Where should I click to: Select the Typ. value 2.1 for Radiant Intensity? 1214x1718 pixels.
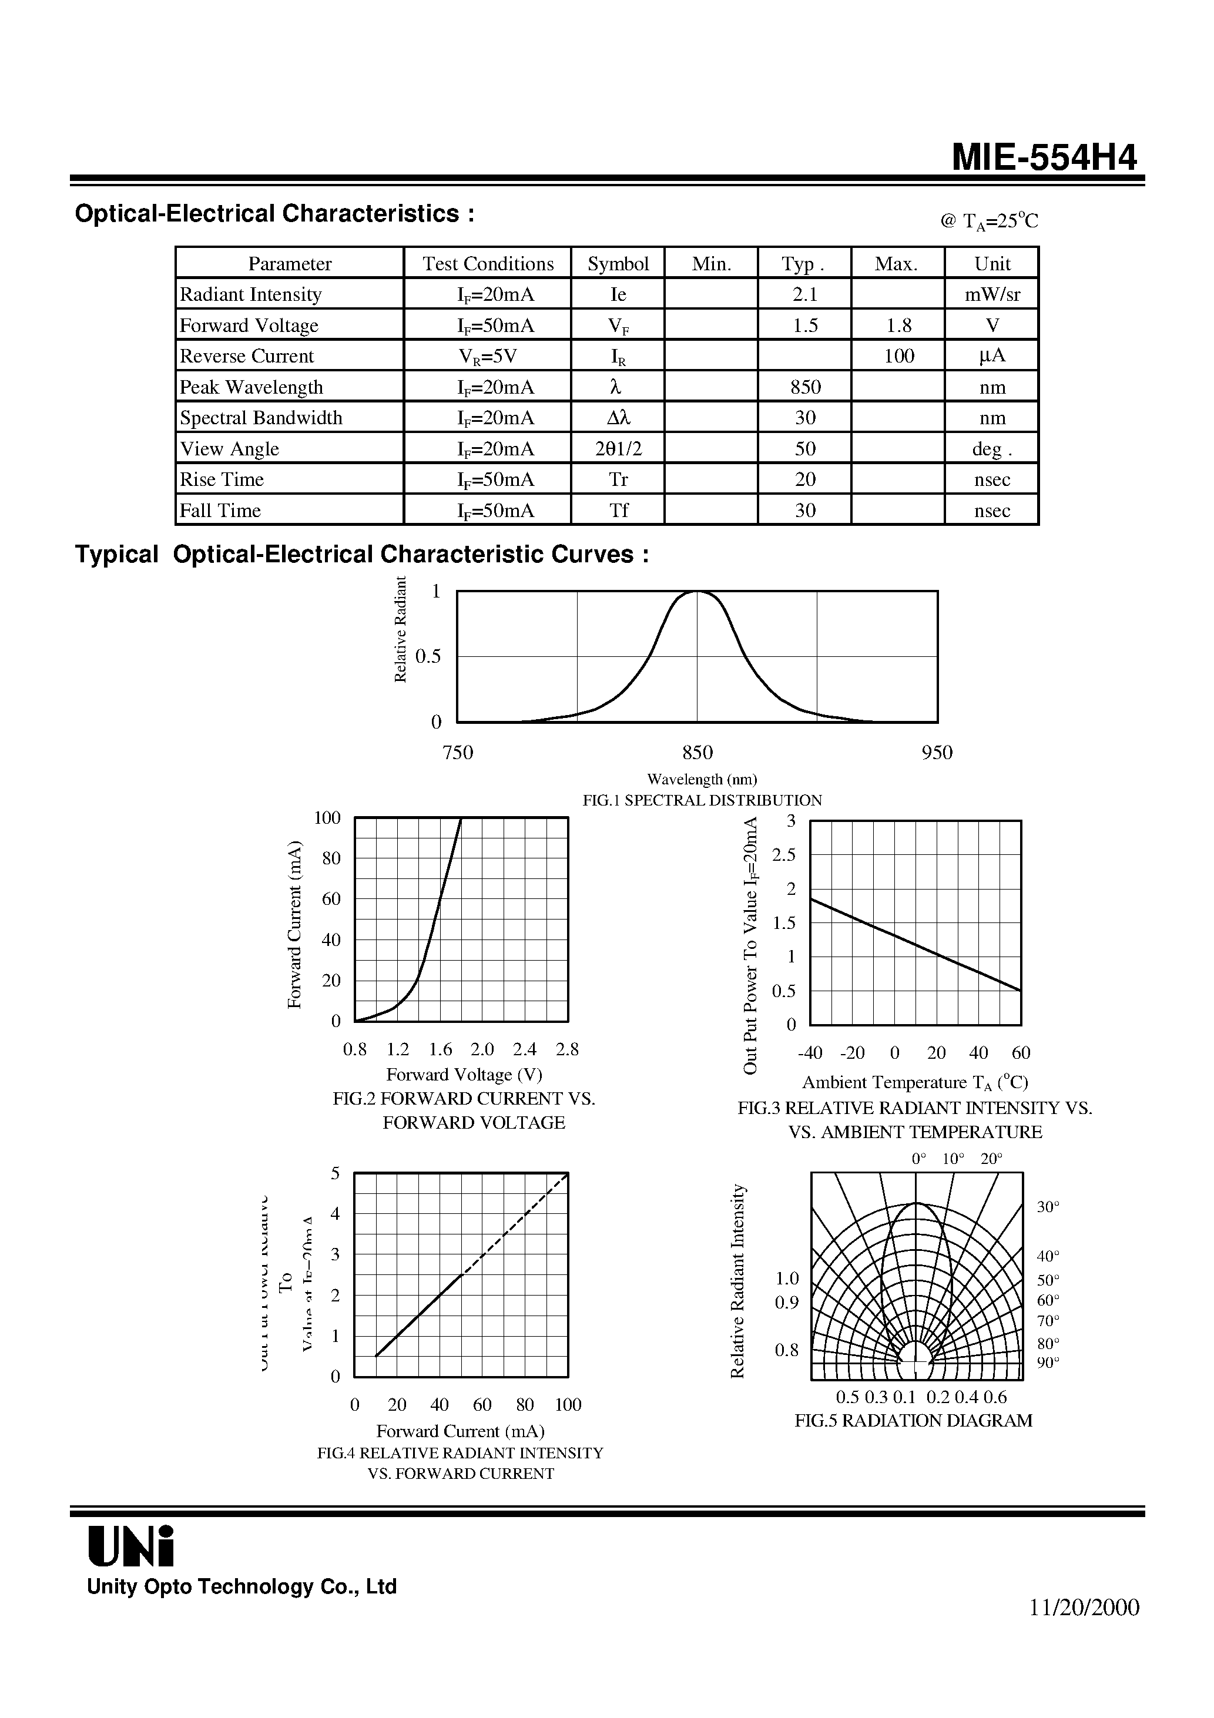pos(804,294)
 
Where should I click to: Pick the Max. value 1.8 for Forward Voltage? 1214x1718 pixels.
pos(898,326)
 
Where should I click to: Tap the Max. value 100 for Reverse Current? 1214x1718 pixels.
pos(898,356)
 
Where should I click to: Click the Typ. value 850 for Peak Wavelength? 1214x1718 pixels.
pos(804,387)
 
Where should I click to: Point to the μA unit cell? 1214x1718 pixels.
pos(992,356)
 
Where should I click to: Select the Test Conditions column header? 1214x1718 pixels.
pos(488,263)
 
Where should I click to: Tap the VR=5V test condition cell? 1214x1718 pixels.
pos(488,356)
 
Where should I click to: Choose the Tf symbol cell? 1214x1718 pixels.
pos(618,511)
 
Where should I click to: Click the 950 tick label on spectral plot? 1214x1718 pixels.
pos(937,753)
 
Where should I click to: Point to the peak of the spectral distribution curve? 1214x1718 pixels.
pos(697,592)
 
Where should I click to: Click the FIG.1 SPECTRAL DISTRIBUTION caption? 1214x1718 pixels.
pos(702,800)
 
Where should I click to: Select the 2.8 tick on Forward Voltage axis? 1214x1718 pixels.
pos(567,1049)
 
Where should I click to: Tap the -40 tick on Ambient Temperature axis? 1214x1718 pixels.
pos(810,1053)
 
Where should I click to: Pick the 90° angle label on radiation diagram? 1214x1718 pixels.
pos(1048,1362)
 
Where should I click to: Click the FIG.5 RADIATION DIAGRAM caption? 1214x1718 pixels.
pos(913,1420)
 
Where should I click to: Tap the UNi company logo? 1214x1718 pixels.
pos(131,1546)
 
